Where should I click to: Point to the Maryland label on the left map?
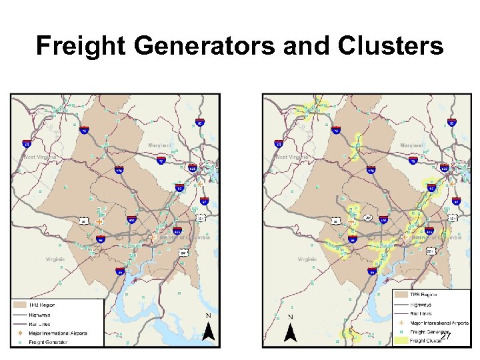[159, 145]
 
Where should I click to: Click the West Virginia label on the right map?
[292, 157]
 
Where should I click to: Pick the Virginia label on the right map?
[307, 259]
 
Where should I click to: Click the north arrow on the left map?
[209, 329]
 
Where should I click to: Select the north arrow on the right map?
[290, 329]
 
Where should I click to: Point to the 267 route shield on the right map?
[368, 218]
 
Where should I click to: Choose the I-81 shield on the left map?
[27, 143]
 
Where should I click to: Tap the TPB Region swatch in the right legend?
[399, 294]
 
